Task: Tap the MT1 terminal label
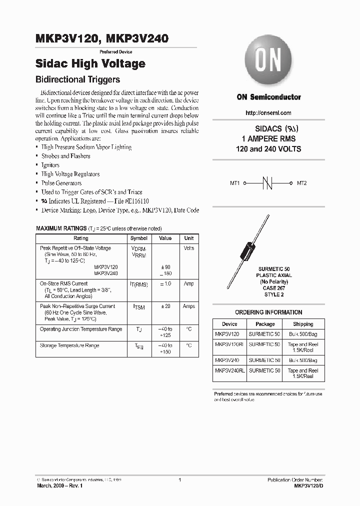point(235,183)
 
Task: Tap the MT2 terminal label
point(302,183)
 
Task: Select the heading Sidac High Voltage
point(90,63)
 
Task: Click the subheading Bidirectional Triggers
point(78,79)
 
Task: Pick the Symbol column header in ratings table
point(138,238)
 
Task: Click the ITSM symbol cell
point(138,307)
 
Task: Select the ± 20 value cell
point(165,306)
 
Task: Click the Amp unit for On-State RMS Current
point(188,283)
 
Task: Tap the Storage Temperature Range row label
point(69,345)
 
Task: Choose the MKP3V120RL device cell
point(229,344)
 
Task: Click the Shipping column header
point(303,324)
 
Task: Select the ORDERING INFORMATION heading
point(268,312)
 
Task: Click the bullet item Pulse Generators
point(61,183)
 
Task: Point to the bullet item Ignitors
point(50,165)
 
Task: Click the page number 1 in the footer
point(179,480)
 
